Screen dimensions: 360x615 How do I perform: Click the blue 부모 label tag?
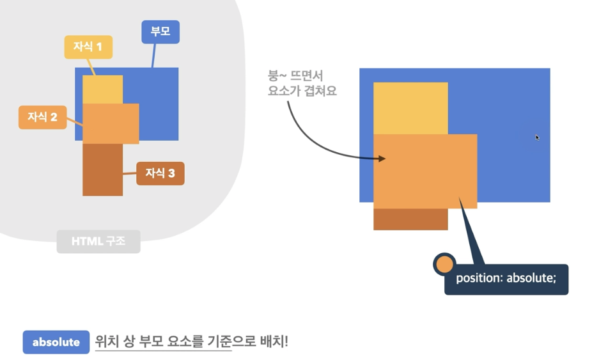pos(160,31)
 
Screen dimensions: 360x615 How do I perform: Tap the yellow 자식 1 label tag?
pos(88,47)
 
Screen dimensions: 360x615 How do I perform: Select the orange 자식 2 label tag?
pos(42,117)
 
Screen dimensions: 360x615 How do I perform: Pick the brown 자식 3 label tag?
pos(160,173)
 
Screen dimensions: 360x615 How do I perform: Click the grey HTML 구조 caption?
pos(98,242)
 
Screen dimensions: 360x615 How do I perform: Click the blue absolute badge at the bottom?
pos(56,341)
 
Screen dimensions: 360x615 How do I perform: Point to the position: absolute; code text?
pos(506,279)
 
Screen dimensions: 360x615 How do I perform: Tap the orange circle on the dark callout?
pos(444,265)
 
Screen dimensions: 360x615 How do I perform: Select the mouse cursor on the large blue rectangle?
pos(537,137)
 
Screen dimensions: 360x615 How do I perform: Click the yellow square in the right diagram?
pos(410,107)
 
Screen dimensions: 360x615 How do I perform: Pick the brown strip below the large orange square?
pos(410,219)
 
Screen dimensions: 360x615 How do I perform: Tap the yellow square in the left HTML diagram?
pos(102,89)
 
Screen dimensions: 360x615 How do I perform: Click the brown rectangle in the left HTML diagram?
pos(102,169)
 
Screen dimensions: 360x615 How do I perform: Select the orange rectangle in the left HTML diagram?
pos(111,123)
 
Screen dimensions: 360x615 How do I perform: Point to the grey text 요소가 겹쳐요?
pos(302,91)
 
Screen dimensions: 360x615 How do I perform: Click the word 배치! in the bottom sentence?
pos(273,341)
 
